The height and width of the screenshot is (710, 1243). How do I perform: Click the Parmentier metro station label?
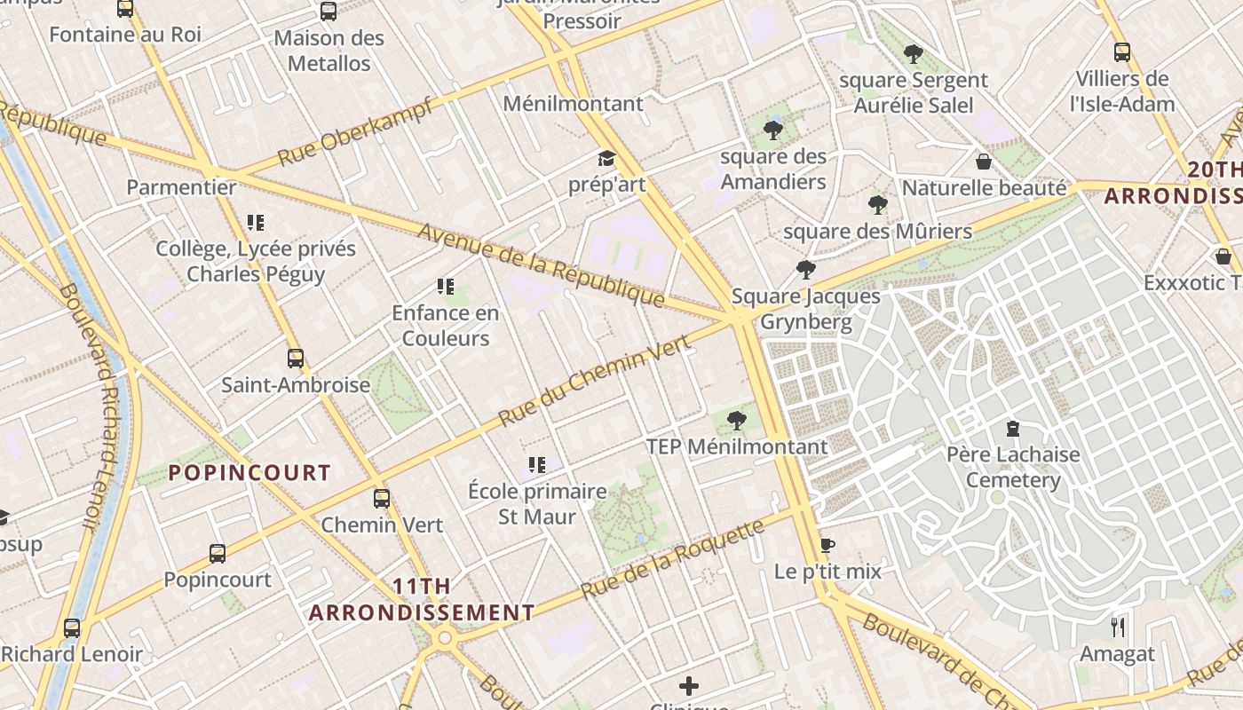pos(181,187)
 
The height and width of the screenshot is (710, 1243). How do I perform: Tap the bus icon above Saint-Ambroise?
pos(296,359)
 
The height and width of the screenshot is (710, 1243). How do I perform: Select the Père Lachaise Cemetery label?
pos(1013,467)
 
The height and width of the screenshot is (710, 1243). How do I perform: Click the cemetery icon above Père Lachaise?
pos(1012,430)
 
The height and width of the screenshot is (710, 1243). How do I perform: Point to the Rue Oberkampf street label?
pos(355,133)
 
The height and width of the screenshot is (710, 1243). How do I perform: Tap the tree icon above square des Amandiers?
pos(773,130)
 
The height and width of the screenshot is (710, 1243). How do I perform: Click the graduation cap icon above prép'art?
pos(606,159)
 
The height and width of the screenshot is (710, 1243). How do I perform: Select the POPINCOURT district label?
pos(249,473)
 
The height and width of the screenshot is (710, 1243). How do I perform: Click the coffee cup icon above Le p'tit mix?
pos(827,545)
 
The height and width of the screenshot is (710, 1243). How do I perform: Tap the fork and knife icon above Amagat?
pos(1118,627)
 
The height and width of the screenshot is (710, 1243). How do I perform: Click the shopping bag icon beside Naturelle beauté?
pos(984,162)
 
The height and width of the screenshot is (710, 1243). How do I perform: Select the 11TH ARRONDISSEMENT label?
pos(422,600)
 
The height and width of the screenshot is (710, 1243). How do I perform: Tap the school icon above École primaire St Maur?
pos(536,465)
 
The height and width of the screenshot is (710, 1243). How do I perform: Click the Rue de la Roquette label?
pos(672,559)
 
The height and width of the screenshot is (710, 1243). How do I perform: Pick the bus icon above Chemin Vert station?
pos(382,499)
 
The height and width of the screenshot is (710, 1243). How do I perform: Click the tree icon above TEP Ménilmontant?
pos(736,421)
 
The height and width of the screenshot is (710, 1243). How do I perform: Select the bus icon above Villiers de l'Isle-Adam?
pos(1122,52)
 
